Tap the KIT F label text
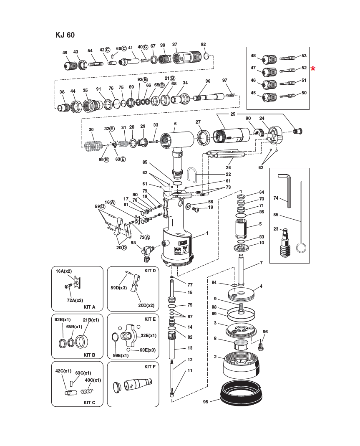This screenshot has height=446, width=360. tap(149, 367)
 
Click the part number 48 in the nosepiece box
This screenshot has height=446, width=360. tap(253, 56)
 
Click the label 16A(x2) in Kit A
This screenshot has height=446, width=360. tap(64, 271)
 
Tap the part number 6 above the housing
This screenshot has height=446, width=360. tap(175, 124)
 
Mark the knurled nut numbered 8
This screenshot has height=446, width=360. tap(241, 345)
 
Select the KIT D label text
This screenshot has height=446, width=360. tap(150, 271)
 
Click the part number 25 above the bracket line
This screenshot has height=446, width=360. tap(233, 114)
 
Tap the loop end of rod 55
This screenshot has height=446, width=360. tap(300, 248)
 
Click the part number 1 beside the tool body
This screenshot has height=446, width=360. tap(206, 233)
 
